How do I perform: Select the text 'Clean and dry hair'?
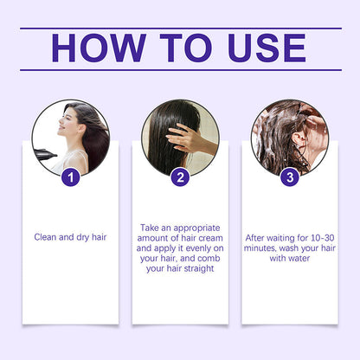(x=71, y=236)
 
